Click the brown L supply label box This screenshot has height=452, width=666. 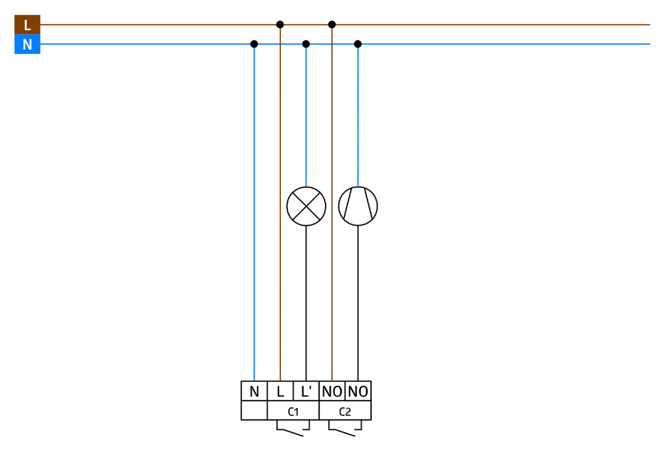27,25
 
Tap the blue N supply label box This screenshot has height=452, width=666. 27,44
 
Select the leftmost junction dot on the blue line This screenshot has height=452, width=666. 254,44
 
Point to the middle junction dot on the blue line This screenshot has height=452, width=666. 306,44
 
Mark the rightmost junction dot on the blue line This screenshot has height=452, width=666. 358,44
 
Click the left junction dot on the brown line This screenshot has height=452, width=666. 280,25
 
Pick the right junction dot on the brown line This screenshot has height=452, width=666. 332,25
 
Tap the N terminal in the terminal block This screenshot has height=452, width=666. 254,391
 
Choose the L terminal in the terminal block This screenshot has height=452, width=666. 280,391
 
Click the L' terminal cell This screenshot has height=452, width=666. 306,391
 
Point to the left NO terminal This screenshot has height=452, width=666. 332,391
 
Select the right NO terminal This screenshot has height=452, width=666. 358,391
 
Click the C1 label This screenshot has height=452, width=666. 293,411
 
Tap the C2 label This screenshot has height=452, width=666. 345,411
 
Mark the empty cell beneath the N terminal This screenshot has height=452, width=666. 254,411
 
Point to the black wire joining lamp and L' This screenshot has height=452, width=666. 306,304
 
